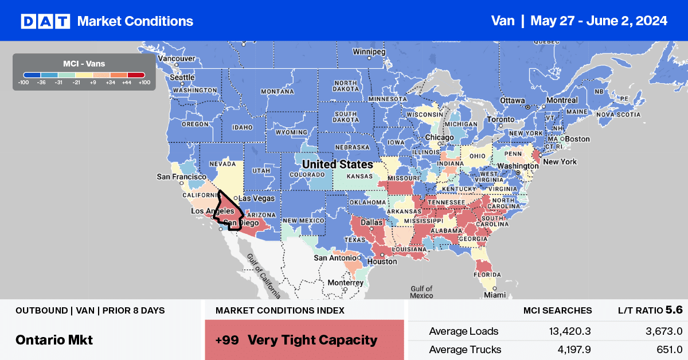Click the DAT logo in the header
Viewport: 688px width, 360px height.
click(x=45, y=21)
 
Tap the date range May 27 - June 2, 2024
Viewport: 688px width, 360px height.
click(x=599, y=21)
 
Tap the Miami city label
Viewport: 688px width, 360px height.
click(x=494, y=295)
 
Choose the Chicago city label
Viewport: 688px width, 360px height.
click(x=440, y=138)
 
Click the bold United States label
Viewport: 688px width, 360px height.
click(x=338, y=165)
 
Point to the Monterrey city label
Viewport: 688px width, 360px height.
click(x=345, y=283)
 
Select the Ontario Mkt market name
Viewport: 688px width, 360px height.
click(x=54, y=339)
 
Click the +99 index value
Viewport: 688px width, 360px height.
click(x=228, y=339)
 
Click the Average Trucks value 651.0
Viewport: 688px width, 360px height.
click(x=666, y=349)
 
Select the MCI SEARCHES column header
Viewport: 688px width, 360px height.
click(x=557, y=311)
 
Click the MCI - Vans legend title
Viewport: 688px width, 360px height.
click(x=84, y=63)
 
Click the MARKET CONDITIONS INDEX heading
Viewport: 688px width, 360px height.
click(x=280, y=311)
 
